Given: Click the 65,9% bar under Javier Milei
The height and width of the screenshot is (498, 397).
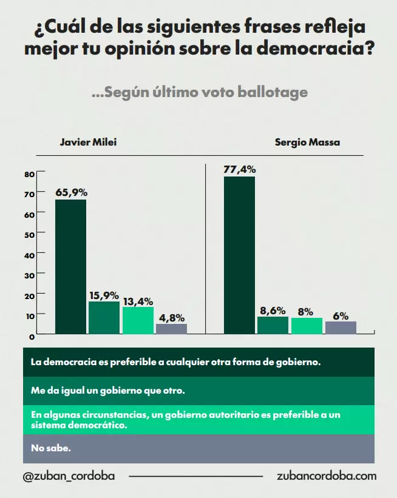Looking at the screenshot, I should click(x=70, y=266).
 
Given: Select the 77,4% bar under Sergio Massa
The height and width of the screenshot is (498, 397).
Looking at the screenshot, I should click(x=239, y=255).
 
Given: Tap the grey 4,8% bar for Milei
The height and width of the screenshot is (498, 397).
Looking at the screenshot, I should click(x=171, y=329).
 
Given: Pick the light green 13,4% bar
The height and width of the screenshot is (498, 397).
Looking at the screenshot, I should click(x=138, y=320).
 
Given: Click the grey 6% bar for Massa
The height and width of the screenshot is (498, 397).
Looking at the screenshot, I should click(x=341, y=328).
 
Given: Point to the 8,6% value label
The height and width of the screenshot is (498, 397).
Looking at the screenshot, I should click(x=273, y=311).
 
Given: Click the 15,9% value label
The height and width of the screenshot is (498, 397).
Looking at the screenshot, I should click(x=104, y=295).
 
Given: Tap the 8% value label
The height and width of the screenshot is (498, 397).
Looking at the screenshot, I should click(x=306, y=312).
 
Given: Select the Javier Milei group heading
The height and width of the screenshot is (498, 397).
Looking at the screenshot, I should click(x=88, y=143).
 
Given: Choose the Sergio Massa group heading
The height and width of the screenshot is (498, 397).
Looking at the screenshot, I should click(x=307, y=143).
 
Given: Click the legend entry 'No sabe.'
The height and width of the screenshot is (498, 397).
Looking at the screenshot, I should click(x=51, y=449).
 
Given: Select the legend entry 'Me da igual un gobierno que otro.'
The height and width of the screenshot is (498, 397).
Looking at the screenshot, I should click(x=107, y=391).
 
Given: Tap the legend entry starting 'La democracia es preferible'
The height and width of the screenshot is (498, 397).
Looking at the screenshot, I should click(x=175, y=362).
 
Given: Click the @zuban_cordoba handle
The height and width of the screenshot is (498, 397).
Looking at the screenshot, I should click(x=68, y=476).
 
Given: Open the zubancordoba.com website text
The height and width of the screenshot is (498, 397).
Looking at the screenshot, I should click(x=326, y=476).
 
